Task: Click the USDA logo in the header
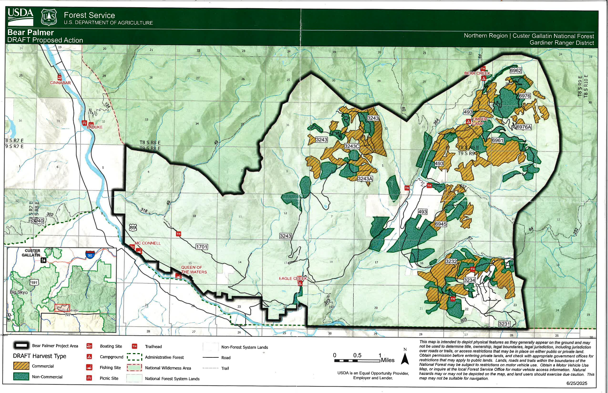(x=20, y=17)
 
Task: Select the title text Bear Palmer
(x=31, y=32)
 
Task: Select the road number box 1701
(x=202, y=247)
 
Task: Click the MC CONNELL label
(x=148, y=243)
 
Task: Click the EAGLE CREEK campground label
(x=293, y=278)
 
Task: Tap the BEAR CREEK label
(x=477, y=73)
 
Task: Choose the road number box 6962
(x=516, y=70)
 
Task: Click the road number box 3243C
(x=352, y=146)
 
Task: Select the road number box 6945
(x=441, y=224)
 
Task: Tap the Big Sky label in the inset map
(x=19, y=292)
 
